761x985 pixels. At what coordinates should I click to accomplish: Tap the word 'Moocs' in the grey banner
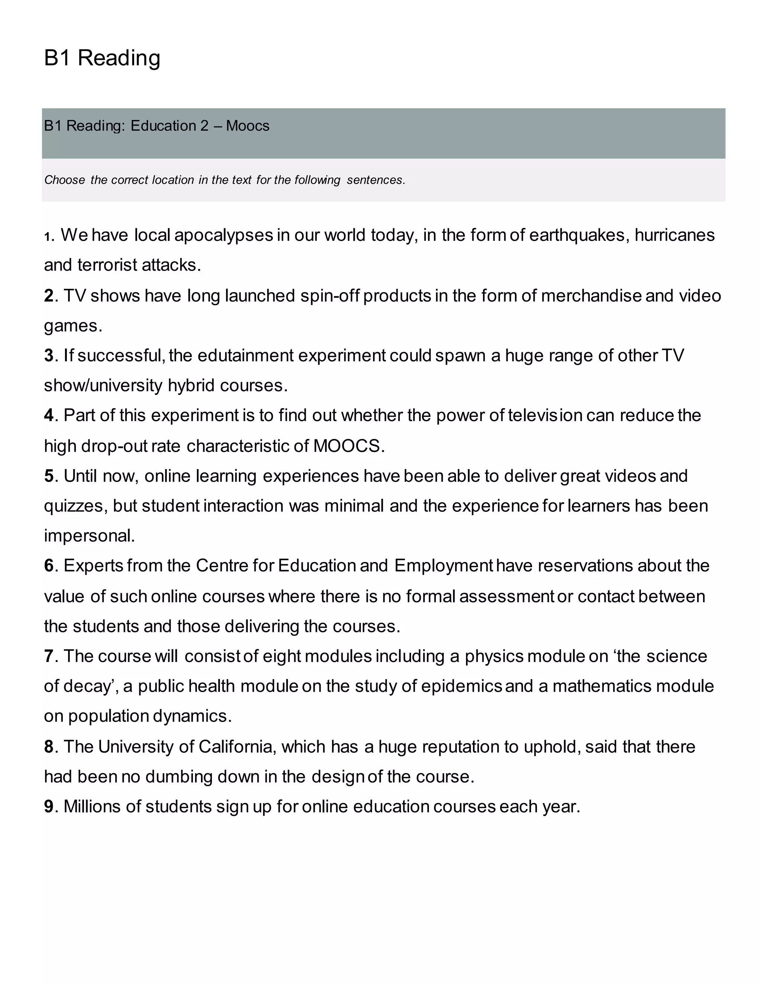(x=247, y=126)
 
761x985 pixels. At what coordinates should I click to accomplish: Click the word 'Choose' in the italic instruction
(x=64, y=180)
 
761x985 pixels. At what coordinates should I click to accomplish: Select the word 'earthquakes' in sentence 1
(x=577, y=235)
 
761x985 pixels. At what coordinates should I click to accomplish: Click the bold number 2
(x=49, y=296)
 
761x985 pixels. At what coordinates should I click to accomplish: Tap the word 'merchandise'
(x=591, y=296)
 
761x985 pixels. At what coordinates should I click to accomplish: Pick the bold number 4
(x=49, y=416)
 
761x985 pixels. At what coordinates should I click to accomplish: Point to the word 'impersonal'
(x=89, y=536)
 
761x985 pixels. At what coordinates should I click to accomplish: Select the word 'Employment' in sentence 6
(x=444, y=566)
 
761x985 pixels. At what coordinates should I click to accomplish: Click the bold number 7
(x=49, y=656)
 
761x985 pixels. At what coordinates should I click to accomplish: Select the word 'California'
(x=235, y=747)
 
